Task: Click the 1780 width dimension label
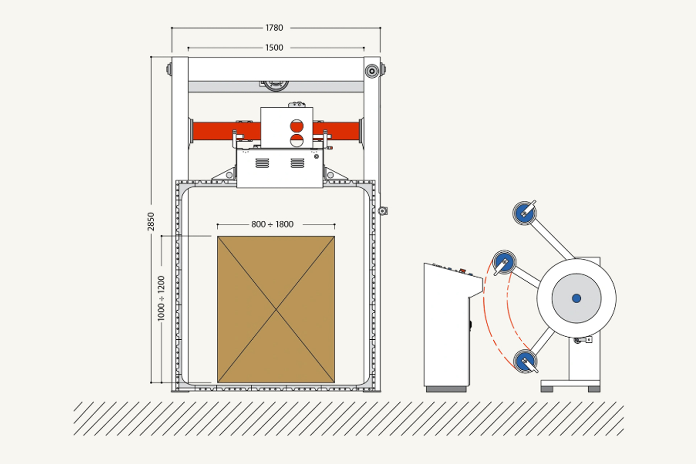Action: [x=274, y=28]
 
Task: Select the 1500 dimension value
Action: [x=274, y=47]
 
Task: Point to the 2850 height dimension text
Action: [x=151, y=221]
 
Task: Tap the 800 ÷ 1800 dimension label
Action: [x=272, y=224]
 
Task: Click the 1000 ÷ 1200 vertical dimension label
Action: [x=161, y=298]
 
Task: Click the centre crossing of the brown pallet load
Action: [x=276, y=310]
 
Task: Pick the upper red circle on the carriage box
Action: [x=297, y=126]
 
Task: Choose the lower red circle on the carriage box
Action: [x=297, y=140]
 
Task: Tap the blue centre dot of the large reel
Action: [x=576, y=298]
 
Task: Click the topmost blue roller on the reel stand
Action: [x=525, y=213]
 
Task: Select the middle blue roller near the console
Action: [x=504, y=262]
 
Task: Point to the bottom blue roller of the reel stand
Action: [x=525, y=361]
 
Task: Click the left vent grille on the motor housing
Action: [x=262, y=163]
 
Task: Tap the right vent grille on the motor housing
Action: [x=297, y=163]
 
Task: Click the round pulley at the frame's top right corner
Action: [x=372, y=71]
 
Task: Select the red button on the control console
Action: [x=462, y=270]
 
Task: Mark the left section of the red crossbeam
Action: [x=227, y=131]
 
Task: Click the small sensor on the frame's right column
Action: [x=383, y=211]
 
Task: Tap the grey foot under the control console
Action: [x=446, y=389]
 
